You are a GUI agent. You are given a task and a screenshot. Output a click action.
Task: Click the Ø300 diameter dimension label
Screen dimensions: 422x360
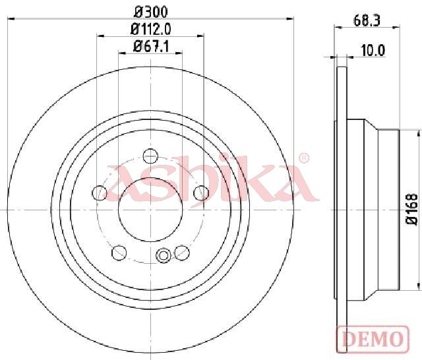coord(151,11)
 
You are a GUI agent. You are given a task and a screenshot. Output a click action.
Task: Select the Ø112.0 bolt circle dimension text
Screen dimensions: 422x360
coord(151,29)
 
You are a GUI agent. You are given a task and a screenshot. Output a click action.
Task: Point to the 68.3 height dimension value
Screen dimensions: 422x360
coord(367,20)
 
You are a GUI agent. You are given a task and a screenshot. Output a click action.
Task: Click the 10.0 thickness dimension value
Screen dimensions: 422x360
coord(373,50)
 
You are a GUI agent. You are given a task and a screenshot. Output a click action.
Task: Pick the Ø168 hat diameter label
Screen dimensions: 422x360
coord(412,209)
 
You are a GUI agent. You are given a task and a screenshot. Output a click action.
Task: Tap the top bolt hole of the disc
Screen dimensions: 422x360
coord(150,156)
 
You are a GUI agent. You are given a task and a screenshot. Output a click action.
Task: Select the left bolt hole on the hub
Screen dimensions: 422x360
coord(100,193)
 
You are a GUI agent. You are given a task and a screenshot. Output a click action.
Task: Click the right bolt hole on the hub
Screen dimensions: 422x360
coord(201,193)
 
